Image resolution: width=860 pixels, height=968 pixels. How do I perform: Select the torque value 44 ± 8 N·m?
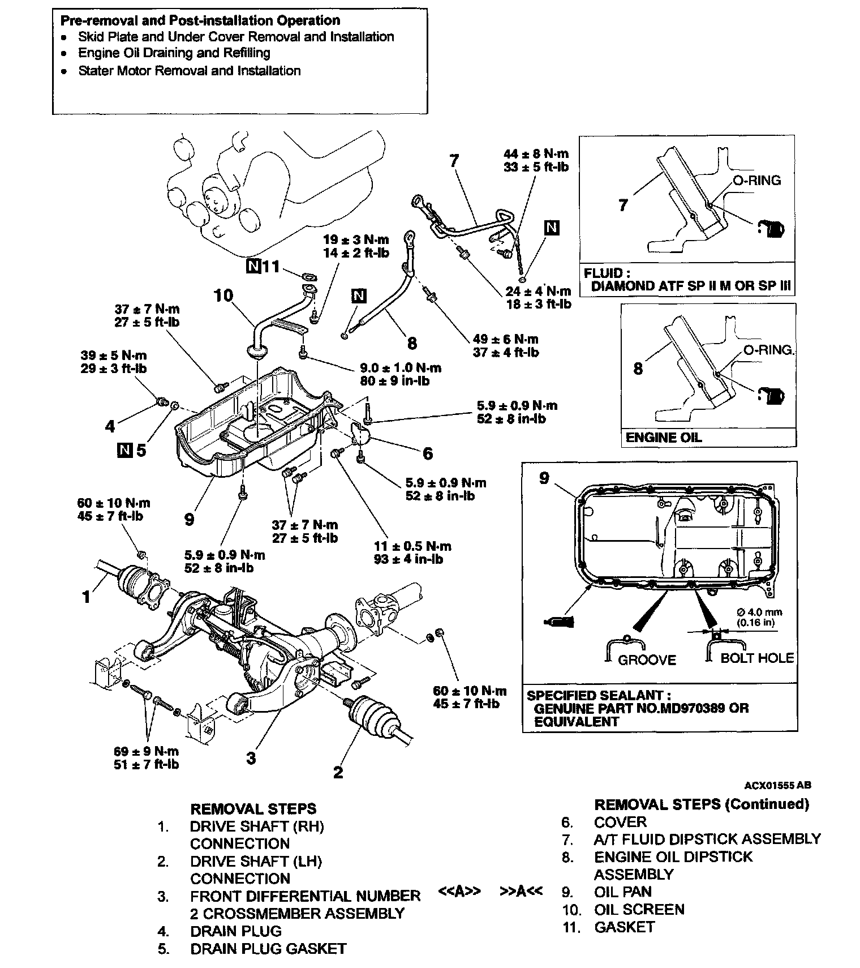536,153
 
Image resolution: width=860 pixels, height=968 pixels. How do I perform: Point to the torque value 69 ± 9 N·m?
146,751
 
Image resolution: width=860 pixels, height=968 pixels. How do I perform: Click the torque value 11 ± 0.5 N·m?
412,546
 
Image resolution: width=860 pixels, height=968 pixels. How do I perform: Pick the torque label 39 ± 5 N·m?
114,355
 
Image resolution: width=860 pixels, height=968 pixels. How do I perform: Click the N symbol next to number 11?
253,266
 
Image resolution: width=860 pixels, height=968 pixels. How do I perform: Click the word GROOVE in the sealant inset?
647,659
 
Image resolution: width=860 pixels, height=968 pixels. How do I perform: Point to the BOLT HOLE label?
757,658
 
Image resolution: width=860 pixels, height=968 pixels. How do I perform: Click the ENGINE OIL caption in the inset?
663,437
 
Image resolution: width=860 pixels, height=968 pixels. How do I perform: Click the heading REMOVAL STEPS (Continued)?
701,804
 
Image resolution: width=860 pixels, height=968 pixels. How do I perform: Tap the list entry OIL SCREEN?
639,909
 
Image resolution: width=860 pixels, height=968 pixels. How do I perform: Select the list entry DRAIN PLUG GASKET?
268,949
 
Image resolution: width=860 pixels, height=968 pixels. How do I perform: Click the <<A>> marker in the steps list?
459,891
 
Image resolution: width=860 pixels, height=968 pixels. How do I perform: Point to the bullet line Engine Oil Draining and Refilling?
174,53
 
